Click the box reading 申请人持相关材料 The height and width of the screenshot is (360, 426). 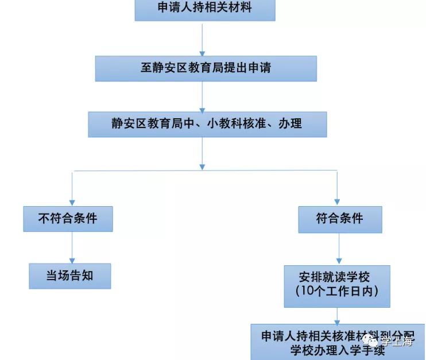(x=205, y=9)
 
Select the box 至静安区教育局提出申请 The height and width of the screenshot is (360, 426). (x=206, y=68)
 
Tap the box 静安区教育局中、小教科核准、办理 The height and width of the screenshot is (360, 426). (x=207, y=123)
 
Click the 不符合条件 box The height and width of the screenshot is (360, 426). (x=67, y=218)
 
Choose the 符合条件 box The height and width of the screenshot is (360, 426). (x=339, y=218)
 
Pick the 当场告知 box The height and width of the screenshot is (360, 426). (x=69, y=276)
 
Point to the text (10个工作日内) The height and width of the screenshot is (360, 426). (x=337, y=292)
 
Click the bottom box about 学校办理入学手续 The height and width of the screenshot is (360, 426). (x=338, y=342)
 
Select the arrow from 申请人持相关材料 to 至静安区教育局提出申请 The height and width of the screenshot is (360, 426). (x=202, y=38)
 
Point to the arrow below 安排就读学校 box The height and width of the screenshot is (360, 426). (x=338, y=316)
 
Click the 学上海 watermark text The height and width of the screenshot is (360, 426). (x=397, y=343)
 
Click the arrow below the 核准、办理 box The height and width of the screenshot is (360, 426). (x=202, y=153)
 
